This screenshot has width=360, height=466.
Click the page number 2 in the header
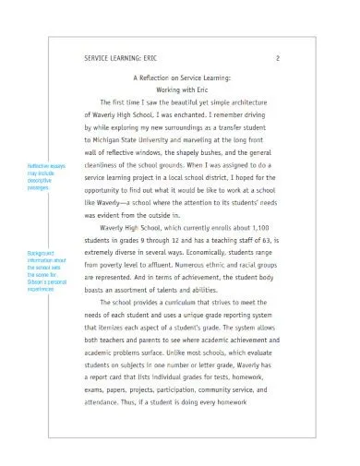tap(278, 58)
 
